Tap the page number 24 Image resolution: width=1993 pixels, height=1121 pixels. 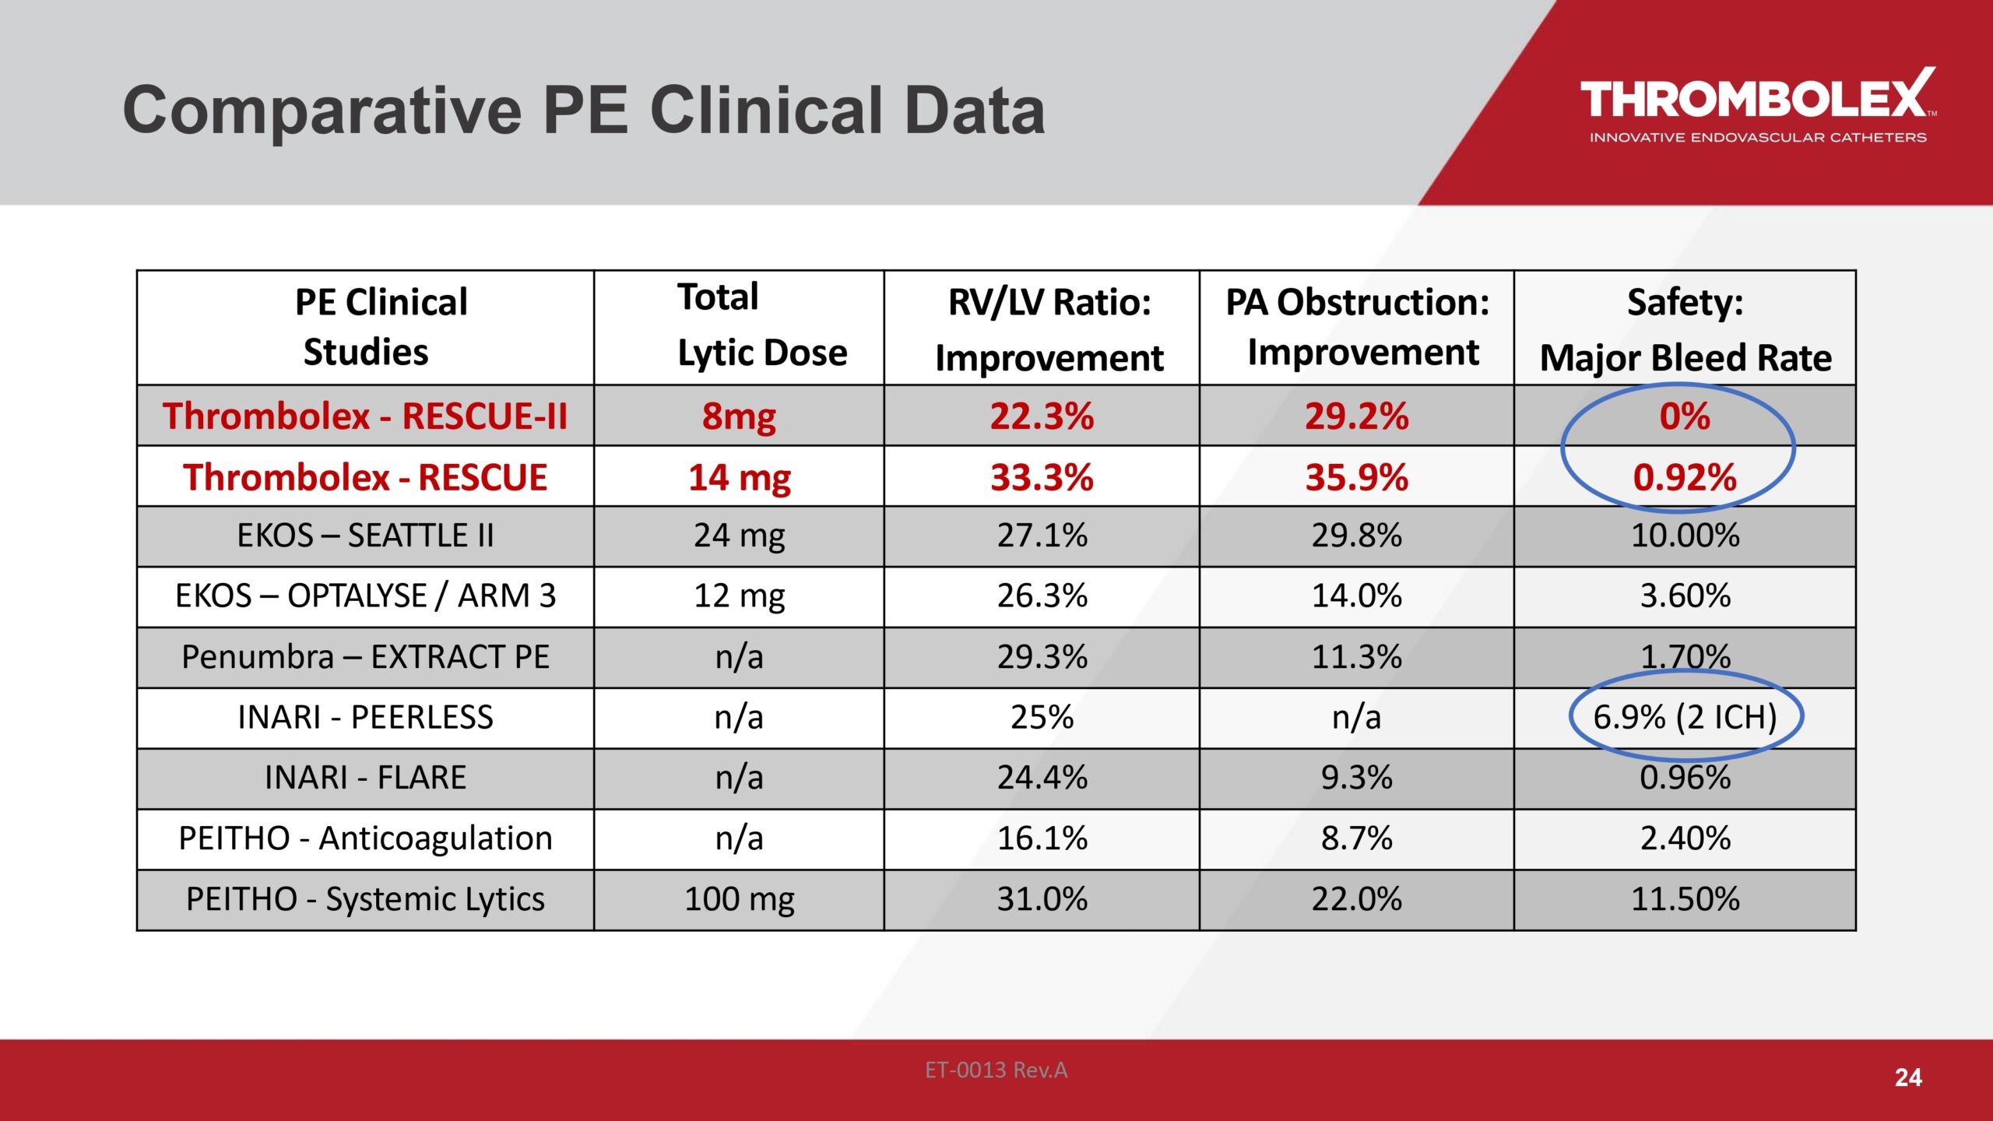pos(1908,1077)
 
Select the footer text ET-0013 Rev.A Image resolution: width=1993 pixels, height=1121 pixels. pos(996,1070)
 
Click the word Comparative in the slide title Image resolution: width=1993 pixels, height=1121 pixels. pos(322,111)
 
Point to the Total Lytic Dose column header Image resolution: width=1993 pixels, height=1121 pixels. pos(762,325)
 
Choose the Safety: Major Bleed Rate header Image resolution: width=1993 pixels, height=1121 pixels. pos(1685,329)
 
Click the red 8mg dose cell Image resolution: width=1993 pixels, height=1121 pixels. pos(739,416)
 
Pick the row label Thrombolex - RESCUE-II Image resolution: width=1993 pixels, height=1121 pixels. pos(365,416)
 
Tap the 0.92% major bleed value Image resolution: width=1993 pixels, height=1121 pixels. pos(1685,477)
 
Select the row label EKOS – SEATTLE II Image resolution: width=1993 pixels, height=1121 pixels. pos(365,536)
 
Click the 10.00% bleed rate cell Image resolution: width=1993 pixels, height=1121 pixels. pos(1685,536)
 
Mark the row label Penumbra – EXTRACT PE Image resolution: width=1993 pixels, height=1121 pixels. pos(365,657)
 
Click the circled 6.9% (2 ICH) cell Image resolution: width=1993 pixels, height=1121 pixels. pos(1685,717)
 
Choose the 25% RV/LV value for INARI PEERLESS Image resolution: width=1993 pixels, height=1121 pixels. pos(1042,717)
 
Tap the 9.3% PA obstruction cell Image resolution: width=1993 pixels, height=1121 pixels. pos(1356,778)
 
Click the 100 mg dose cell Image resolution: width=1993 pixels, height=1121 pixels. pos(739,900)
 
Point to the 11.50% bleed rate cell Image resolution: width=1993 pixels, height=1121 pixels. pos(1685,899)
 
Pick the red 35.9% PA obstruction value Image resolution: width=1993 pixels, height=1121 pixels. pos(1356,477)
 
